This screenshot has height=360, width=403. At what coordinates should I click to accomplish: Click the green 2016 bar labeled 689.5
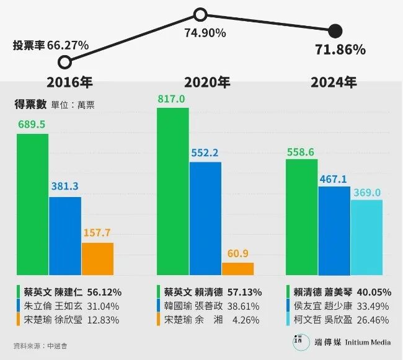[32, 204]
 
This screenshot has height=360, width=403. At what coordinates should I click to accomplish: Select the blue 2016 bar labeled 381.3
[65, 236]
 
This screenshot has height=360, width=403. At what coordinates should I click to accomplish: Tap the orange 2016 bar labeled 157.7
[97, 259]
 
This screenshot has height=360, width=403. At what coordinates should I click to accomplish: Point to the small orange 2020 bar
[237, 269]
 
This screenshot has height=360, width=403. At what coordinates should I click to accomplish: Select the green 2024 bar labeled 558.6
[301, 217]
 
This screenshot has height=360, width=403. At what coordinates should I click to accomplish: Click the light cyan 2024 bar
[366, 237]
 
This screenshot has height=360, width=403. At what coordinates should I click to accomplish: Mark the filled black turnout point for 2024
[335, 30]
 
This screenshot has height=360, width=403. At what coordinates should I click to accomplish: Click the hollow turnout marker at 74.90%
[200, 14]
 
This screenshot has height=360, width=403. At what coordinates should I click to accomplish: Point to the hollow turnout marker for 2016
[65, 61]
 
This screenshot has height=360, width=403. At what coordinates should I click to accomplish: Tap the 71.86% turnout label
[339, 50]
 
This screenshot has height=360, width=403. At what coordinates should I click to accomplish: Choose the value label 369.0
[366, 193]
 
